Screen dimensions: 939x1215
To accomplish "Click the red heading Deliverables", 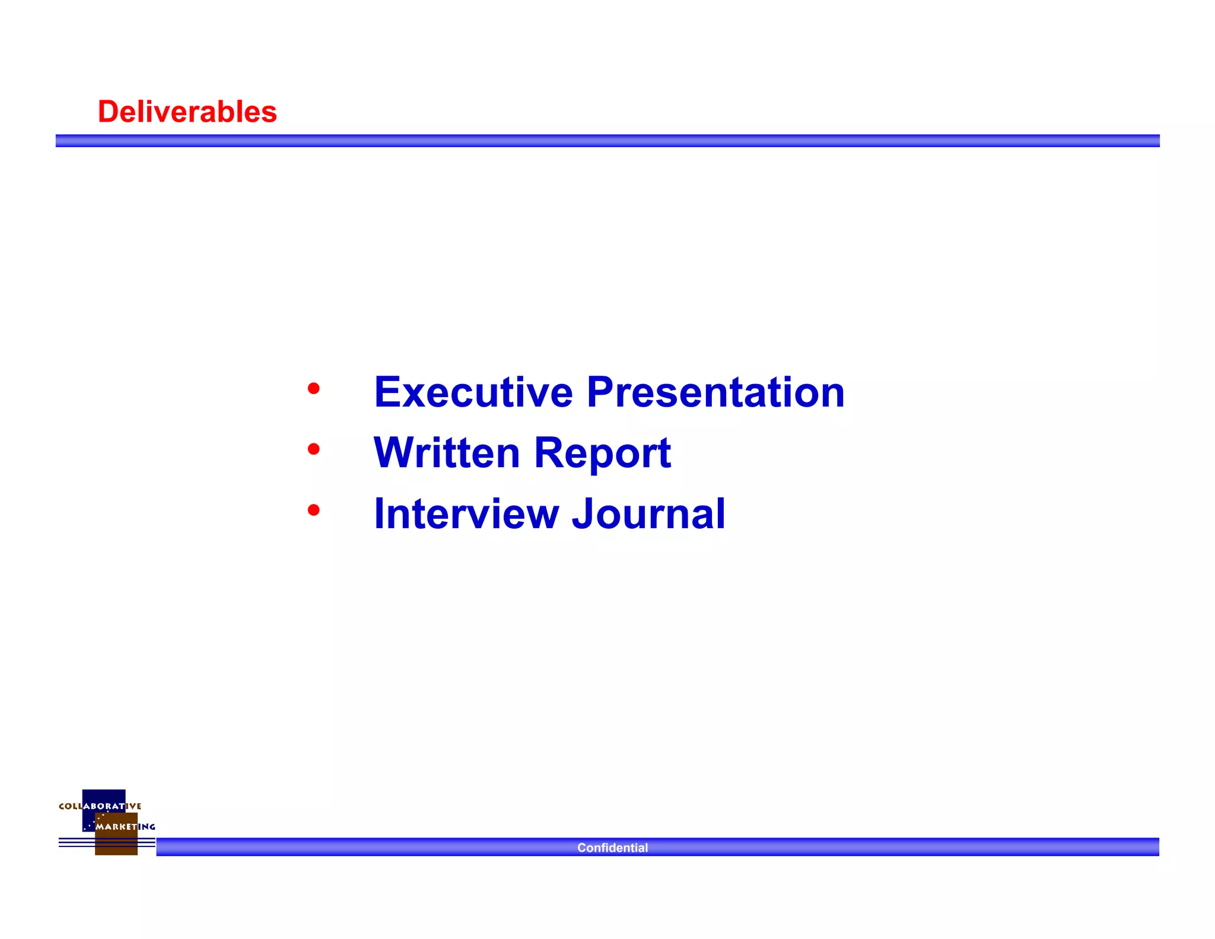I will click(187, 112).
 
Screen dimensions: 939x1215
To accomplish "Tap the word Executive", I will click(473, 392).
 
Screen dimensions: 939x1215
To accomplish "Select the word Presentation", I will click(715, 392).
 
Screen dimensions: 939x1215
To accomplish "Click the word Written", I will click(447, 453).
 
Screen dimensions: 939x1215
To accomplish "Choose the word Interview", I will click(466, 514).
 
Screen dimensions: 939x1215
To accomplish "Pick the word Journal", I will click(648, 514).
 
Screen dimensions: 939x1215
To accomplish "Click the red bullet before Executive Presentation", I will click(314, 389).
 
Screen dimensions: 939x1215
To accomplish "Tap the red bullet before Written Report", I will click(314, 449).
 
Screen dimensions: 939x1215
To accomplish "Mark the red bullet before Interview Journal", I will click(314, 510).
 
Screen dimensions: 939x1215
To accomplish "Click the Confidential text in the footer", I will click(612, 848).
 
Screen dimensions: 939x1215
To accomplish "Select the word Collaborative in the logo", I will click(100, 806).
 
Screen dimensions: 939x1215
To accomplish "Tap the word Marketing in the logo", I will click(125, 826).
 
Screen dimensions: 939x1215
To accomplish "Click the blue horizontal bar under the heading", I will click(607, 141).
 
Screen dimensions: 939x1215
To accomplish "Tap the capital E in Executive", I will click(387, 392).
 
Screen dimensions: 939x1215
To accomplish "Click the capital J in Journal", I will click(584, 514).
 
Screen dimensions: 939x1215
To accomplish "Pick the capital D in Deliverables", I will click(109, 112).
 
